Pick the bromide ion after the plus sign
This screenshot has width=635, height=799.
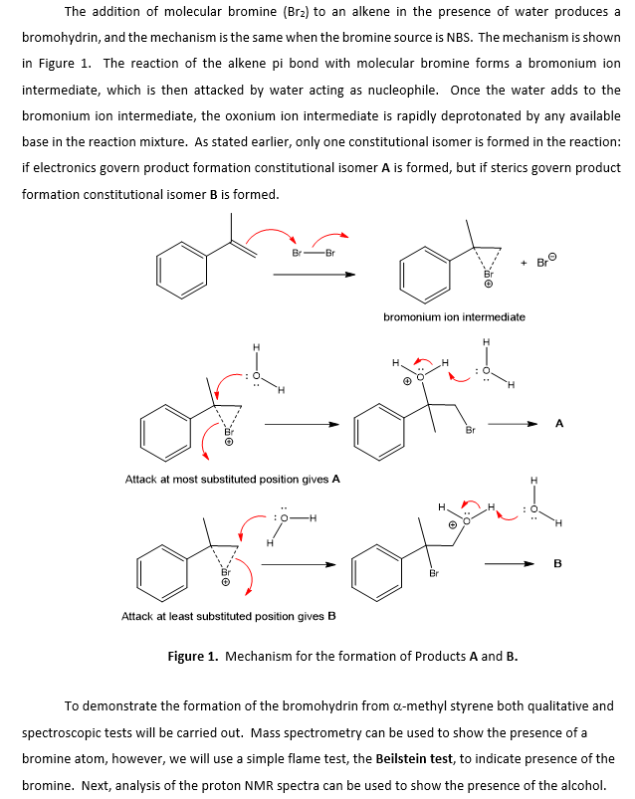(x=545, y=263)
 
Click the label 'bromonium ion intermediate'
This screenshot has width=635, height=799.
(x=454, y=317)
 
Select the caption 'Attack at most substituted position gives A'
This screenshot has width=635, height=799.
(x=233, y=479)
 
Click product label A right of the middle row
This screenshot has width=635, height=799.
(x=558, y=423)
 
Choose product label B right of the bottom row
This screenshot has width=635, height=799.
(x=556, y=563)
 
